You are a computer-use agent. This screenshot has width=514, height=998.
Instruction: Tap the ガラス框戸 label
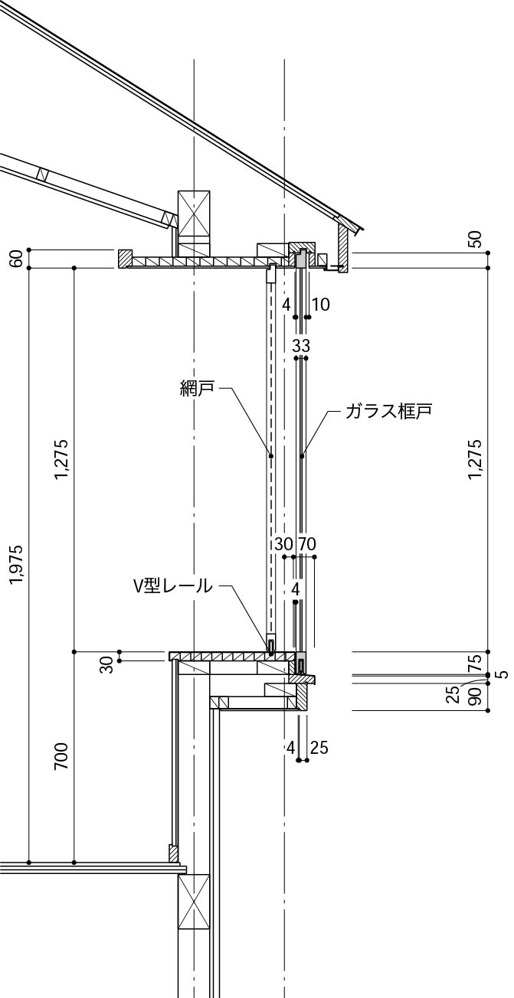tap(388, 411)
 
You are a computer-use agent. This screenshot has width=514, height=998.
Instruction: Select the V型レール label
tap(172, 586)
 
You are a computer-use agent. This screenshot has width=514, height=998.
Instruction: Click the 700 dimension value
tap(62, 755)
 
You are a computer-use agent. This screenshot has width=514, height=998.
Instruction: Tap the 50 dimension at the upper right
tap(476, 240)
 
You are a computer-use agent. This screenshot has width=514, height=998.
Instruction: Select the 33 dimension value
tap(301, 346)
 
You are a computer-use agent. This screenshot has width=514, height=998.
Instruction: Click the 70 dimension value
tap(306, 544)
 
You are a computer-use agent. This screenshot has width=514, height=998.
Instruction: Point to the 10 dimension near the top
tap(321, 305)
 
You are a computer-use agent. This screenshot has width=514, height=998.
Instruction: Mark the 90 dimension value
tap(475, 697)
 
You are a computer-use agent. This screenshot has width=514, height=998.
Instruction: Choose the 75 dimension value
tap(475, 661)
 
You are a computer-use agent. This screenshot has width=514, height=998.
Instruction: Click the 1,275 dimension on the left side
tap(62, 459)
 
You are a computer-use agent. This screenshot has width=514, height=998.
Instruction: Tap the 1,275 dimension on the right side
tap(476, 459)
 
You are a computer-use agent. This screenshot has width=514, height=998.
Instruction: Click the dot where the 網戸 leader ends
tap(270, 456)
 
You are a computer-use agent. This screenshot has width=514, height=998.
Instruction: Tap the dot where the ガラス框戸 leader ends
tap(303, 456)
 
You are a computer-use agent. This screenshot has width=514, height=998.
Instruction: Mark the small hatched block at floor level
tap(174, 853)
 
